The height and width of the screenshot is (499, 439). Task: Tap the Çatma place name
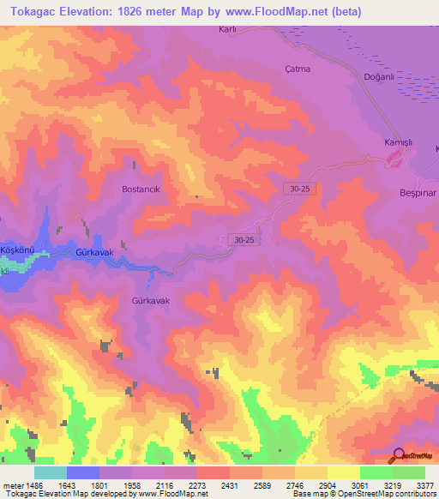coord(296,69)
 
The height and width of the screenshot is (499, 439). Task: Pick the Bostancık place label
coord(141,188)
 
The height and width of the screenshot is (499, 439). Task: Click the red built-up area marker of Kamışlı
coord(395,158)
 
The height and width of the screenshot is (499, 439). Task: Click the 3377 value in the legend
coord(424,485)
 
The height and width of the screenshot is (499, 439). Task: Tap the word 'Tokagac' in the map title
coord(35,12)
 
